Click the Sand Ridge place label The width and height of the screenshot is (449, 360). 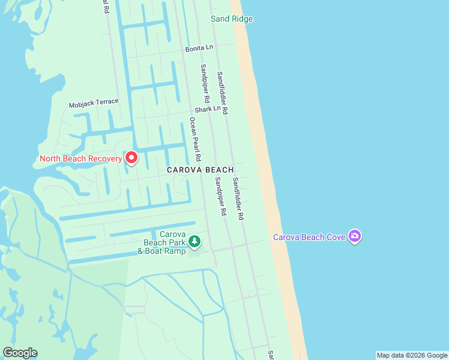(232, 19)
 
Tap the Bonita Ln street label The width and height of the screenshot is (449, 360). (199, 48)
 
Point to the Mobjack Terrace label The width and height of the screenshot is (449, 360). (94, 103)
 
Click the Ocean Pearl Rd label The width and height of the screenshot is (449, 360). (194, 140)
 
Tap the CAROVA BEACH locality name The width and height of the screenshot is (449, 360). (200, 170)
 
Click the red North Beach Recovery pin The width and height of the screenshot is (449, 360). (131, 158)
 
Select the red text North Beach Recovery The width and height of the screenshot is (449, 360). (80, 159)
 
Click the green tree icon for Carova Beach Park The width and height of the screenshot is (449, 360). (194, 242)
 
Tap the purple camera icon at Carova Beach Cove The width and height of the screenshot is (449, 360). (355, 236)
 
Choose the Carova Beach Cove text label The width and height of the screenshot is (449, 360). (309, 237)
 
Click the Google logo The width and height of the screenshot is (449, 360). (20, 353)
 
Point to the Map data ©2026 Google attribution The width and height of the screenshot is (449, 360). (412, 355)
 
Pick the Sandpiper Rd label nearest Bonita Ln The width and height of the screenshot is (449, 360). (205, 83)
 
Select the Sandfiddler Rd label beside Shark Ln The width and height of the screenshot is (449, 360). (223, 93)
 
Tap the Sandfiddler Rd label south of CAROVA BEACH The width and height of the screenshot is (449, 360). (238, 199)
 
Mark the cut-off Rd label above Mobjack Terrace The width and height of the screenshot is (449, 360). (106, 7)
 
